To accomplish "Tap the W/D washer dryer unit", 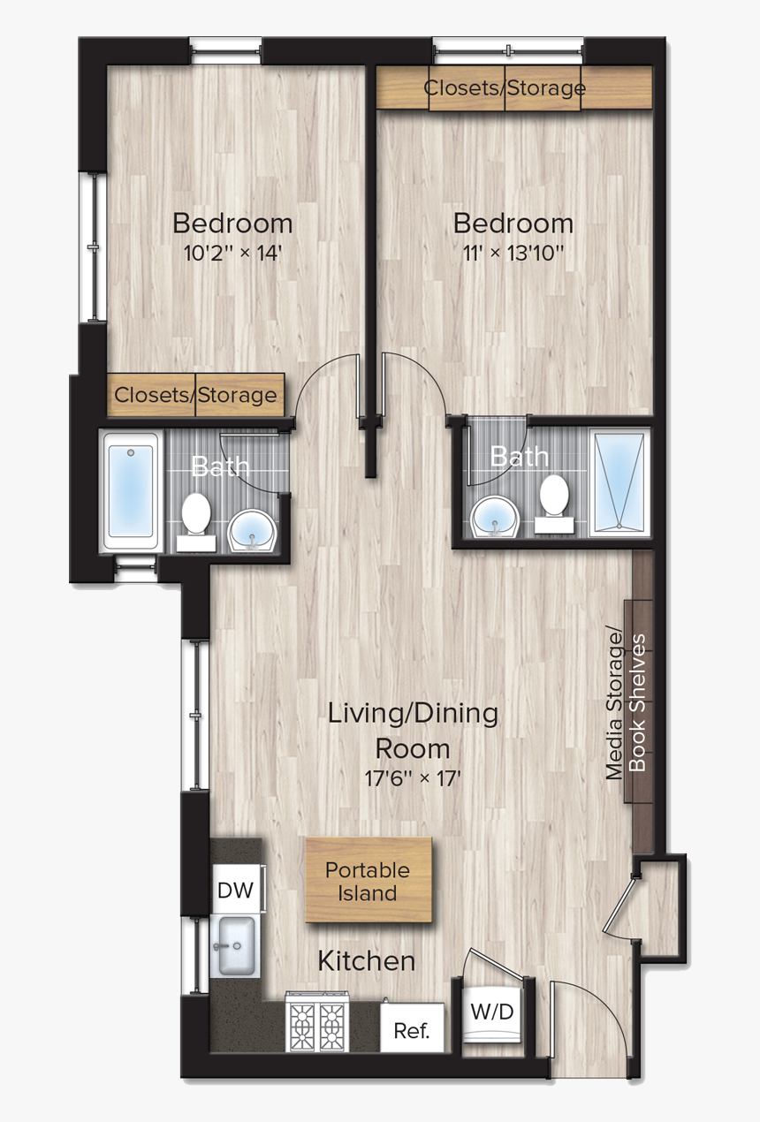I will (x=491, y=1012).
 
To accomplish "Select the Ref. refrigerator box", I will (x=412, y=1031).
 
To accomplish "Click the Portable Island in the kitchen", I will (x=369, y=881).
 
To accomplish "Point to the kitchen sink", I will (x=235, y=945).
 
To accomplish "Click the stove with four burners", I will (x=317, y=1025).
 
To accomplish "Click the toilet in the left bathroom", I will (x=195, y=517).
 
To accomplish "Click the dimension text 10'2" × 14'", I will (x=232, y=254).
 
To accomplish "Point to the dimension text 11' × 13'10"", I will (x=513, y=254).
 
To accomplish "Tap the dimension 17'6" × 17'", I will (x=413, y=780).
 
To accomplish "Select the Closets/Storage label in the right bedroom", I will (x=505, y=88).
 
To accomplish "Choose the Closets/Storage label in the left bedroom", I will (x=195, y=395).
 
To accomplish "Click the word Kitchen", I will (x=366, y=960).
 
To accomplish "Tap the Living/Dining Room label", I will (x=413, y=730).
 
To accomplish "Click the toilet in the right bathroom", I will (x=555, y=499).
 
